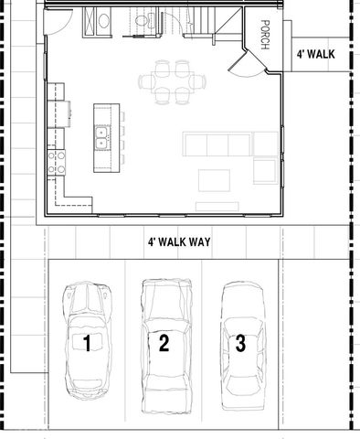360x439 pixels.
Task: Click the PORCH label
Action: click(265, 36)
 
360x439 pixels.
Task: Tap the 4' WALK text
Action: click(315, 54)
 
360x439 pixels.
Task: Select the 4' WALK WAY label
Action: click(179, 242)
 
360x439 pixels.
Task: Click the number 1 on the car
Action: click(87, 343)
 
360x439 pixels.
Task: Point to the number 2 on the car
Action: click(164, 343)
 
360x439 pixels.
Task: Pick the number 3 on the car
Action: click(240, 344)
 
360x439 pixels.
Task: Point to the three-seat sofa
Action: click(217, 144)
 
